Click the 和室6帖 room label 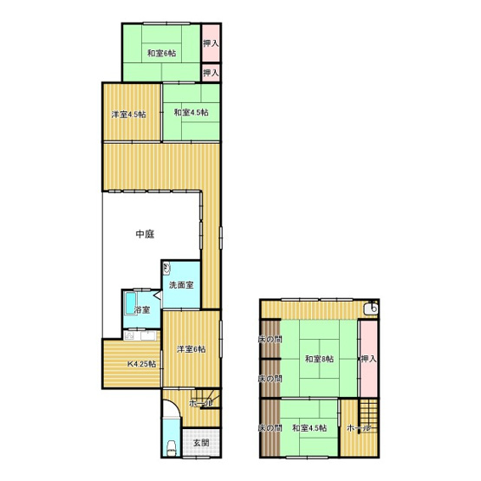161,54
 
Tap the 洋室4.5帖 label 128,114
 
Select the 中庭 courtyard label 146,234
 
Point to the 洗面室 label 181,284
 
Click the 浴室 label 140,309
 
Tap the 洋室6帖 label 191,349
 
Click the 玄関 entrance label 200,442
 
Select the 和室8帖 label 319,358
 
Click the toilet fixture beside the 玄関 172,448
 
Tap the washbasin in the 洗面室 166,269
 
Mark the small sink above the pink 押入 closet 371,308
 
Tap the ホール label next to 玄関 198,404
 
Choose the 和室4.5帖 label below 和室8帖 309,428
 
